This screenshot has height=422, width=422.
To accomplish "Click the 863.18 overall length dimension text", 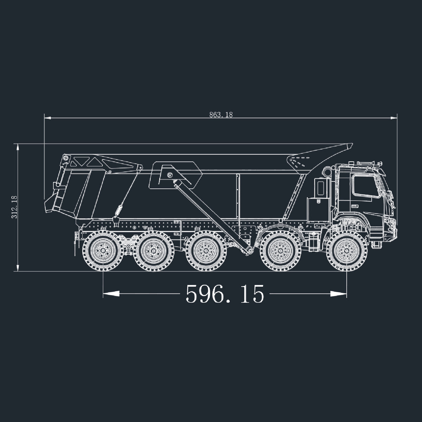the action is point(221,115).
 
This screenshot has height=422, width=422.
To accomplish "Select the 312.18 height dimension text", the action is point(14,207).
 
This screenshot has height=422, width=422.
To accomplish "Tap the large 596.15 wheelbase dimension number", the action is point(225,294).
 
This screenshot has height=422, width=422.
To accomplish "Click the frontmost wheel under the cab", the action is point(347,251).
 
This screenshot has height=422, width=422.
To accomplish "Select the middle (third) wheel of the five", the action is point(206,251).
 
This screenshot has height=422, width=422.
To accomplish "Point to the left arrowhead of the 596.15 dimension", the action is point(111,294).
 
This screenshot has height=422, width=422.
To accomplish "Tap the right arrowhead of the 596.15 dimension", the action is point(339,294).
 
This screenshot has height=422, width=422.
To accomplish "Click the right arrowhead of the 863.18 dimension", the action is point(394,118).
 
